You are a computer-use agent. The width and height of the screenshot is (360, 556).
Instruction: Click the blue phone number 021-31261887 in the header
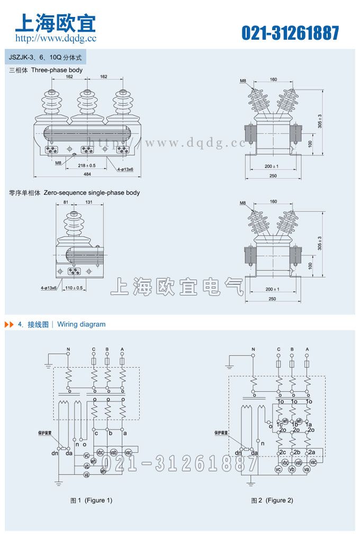(290, 33)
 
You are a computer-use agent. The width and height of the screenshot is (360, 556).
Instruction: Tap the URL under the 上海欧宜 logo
(56, 38)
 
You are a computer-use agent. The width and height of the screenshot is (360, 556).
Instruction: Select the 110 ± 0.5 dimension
(74, 288)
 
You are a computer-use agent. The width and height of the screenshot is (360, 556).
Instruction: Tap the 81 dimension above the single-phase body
(66, 202)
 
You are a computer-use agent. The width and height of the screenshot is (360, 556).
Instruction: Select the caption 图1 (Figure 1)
(92, 500)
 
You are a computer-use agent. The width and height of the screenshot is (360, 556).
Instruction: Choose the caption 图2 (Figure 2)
(272, 500)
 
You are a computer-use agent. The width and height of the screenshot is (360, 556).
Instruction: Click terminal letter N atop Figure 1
(68, 349)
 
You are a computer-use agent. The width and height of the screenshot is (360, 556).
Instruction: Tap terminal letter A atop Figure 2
(307, 349)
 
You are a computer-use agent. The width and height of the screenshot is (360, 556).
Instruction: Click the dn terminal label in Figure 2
(238, 453)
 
